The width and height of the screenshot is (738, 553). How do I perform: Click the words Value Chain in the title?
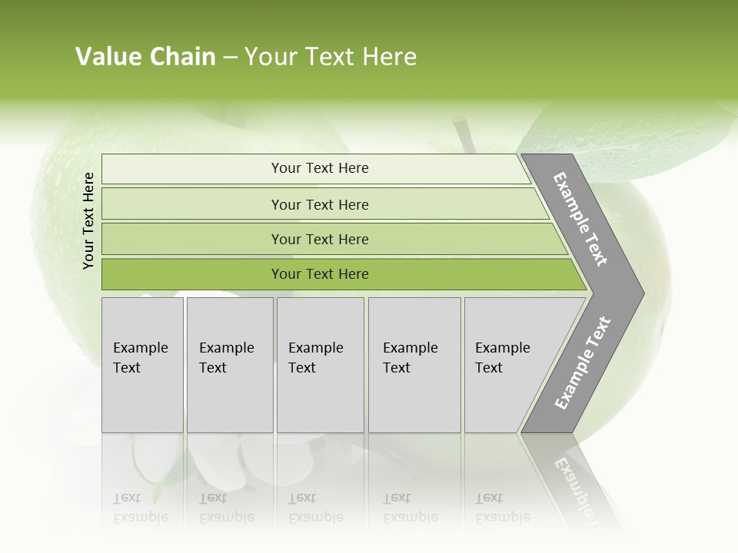[x=145, y=57]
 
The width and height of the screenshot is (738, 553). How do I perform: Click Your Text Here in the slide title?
[x=331, y=57]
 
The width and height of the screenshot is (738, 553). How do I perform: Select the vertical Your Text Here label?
[x=88, y=220]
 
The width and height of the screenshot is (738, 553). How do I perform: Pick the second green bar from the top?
[x=320, y=204]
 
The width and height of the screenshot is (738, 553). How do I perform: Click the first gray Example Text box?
[x=142, y=365]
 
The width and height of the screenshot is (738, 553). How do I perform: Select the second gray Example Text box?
[x=229, y=365]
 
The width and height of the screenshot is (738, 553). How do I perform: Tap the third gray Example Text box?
[x=319, y=365]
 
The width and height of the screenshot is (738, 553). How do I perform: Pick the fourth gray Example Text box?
[x=414, y=365]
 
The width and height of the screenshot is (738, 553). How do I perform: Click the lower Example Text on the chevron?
[x=582, y=363]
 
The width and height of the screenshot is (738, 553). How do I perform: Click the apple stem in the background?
[x=464, y=132]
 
